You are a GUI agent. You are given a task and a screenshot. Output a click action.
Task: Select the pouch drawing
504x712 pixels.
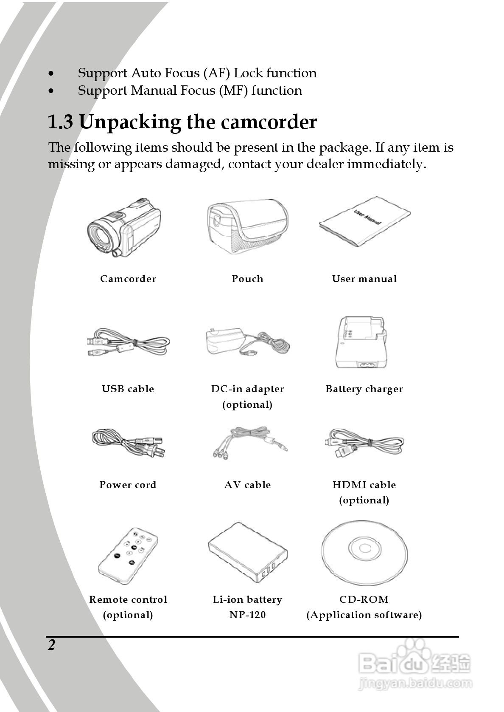point(247,226)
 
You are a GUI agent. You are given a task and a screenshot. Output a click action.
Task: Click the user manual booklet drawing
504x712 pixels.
point(364,222)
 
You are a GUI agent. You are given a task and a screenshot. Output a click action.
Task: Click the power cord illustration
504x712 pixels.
point(128,443)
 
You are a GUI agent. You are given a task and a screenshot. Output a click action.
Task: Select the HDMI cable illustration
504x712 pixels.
point(364,444)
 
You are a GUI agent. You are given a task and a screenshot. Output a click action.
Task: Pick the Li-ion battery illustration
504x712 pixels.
point(248,553)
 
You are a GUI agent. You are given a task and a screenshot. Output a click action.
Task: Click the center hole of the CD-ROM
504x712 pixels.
point(364,548)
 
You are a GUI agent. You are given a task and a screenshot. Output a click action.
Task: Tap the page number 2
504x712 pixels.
point(52,645)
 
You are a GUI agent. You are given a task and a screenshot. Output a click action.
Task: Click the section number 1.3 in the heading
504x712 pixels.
point(60,122)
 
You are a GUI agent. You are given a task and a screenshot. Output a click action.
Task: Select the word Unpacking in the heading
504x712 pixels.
point(130,122)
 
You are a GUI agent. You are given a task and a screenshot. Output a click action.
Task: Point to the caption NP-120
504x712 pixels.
point(247,615)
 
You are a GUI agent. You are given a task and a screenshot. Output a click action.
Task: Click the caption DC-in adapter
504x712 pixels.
point(247,389)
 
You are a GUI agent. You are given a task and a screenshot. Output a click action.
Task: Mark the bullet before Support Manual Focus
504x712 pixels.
point(51,91)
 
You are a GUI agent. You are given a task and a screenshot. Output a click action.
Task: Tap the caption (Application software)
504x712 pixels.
point(364,615)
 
